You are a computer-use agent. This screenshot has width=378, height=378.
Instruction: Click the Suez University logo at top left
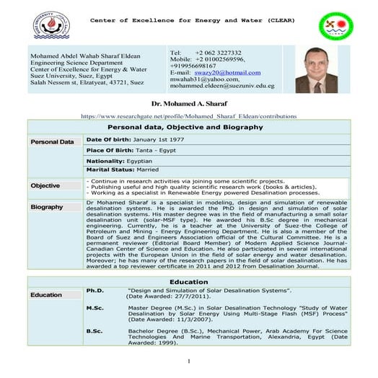tap(50, 22)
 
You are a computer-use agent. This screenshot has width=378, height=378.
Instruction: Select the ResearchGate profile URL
tap(188, 115)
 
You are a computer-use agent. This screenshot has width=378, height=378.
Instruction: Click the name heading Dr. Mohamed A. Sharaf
tap(188, 105)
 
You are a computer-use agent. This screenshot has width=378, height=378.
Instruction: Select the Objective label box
tap(45, 185)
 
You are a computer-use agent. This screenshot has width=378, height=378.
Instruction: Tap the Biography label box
tap(47, 207)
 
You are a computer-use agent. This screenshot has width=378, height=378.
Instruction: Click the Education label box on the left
tap(46, 295)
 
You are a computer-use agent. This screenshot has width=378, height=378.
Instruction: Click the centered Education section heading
tap(188, 281)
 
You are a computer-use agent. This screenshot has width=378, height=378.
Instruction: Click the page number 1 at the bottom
tap(188, 361)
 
